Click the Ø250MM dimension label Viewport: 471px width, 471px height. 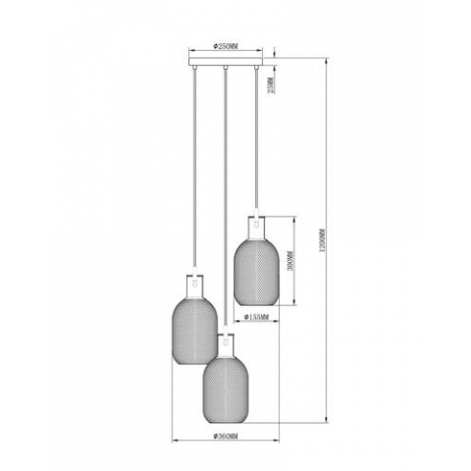point(227,46)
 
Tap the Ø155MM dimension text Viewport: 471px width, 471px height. point(257,318)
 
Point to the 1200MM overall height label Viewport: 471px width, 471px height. point(325,237)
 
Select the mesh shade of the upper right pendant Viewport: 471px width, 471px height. point(252,268)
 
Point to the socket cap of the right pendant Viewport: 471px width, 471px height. point(252,223)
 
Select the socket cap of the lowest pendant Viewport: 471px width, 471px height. point(227,341)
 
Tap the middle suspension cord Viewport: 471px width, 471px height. point(227,196)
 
